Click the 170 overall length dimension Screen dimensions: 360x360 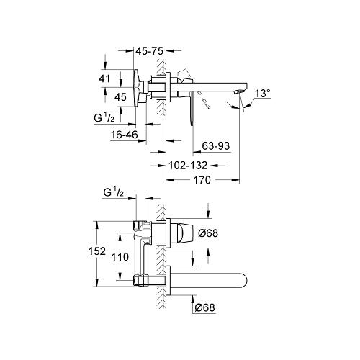click(x=202, y=181)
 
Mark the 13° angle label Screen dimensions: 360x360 click(x=264, y=93)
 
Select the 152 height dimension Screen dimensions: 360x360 click(x=105, y=251)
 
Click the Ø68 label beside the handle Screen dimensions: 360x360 click(x=209, y=233)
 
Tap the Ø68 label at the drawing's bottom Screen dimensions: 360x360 click(x=205, y=308)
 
